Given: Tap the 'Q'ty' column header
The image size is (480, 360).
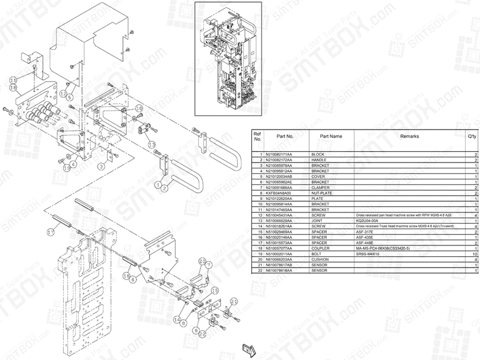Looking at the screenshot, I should pyautogui.click(x=472, y=136).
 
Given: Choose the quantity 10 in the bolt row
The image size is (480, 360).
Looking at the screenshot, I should pyautogui.click(x=474, y=253).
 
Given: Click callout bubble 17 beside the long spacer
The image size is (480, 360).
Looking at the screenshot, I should pyautogui.click(x=51, y=232).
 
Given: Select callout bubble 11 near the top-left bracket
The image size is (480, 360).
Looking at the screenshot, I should pyautogui.click(x=13, y=80).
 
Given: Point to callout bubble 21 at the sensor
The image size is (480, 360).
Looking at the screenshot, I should pyautogui.click(x=235, y=301).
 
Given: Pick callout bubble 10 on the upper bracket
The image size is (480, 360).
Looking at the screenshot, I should pyautogui.click(x=139, y=108).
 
